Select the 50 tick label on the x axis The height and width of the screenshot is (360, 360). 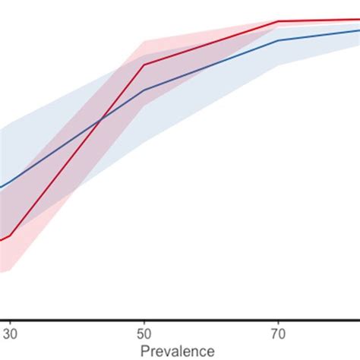(x=144, y=333)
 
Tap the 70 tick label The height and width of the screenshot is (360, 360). (x=278, y=333)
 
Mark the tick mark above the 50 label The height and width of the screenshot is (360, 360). (x=144, y=322)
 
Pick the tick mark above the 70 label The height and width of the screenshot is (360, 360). (x=278, y=322)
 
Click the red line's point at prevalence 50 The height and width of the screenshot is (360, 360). (x=144, y=65)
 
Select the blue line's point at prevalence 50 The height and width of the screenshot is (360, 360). (x=144, y=90)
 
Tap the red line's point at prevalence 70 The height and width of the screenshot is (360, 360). (x=278, y=21)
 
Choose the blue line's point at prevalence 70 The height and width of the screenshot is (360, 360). (x=278, y=40)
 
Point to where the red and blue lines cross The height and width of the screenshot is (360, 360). (x=101, y=120)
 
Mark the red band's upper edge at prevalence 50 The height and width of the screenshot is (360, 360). (x=144, y=41)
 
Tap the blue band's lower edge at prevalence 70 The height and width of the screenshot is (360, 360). (x=278, y=65)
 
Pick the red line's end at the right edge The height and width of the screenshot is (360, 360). (x=358, y=20)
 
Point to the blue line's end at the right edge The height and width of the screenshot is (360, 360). (x=358, y=30)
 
